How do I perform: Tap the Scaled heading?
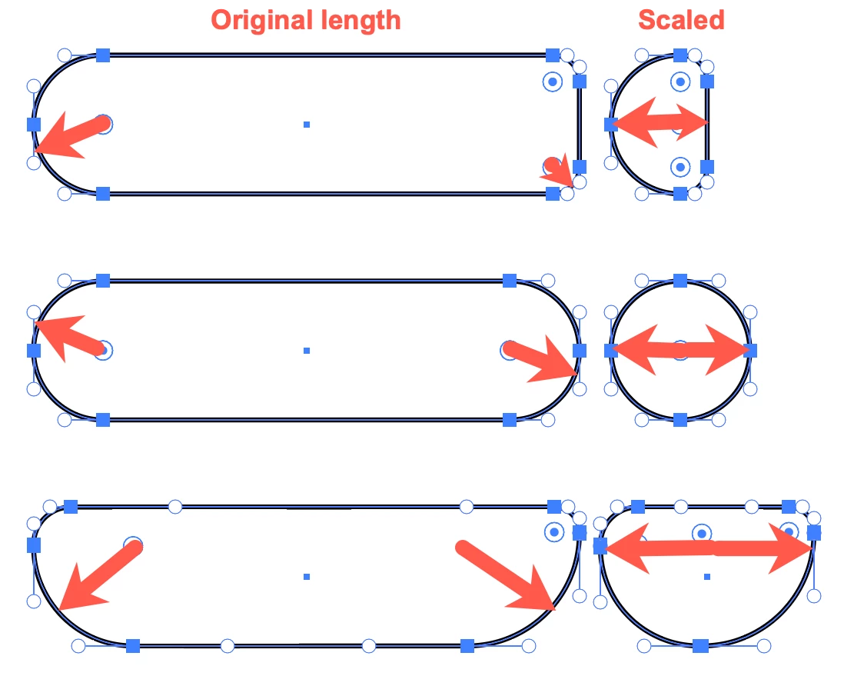coord(681,20)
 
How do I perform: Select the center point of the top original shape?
coord(307,124)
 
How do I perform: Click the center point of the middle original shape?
coord(307,351)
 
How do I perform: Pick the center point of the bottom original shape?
coord(307,576)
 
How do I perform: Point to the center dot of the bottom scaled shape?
coord(707,576)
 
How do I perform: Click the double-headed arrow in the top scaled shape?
coord(660,123)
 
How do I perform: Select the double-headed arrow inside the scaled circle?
coord(681,351)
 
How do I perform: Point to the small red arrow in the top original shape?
coord(559,171)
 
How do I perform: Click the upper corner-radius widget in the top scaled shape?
coord(680,81)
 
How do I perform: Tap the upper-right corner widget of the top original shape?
coord(552,82)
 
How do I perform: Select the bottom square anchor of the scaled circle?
coord(680,419)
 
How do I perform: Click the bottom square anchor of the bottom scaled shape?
coord(700,645)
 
